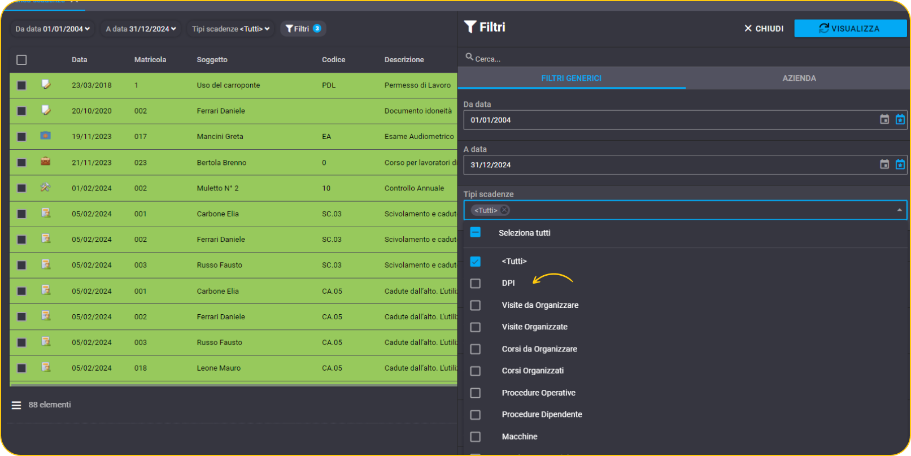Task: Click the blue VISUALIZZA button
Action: click(850, 28)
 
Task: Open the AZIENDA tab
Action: click(799, 78)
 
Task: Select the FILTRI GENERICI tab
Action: click(571, 78)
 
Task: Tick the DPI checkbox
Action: click(475, 283)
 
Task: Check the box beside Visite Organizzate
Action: click(475, 327)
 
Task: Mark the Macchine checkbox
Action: click(475, 436)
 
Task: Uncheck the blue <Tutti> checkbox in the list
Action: click(475, 261)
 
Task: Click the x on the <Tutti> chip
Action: click(504, 210)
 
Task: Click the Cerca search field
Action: click(683, 59)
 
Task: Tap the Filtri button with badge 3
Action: click(303, 29)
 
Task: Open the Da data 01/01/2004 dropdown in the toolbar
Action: click(53, 29)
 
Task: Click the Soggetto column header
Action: click(212, 60)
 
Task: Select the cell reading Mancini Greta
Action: click(220, 137)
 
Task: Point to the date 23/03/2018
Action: click(91, 85)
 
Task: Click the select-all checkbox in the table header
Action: click(21, 60)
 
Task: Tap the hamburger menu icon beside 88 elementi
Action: click(16, 405)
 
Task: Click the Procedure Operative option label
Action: click(538, 393)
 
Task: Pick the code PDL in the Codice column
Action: click(329, 85)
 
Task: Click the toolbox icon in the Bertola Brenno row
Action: click(46, 162)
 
